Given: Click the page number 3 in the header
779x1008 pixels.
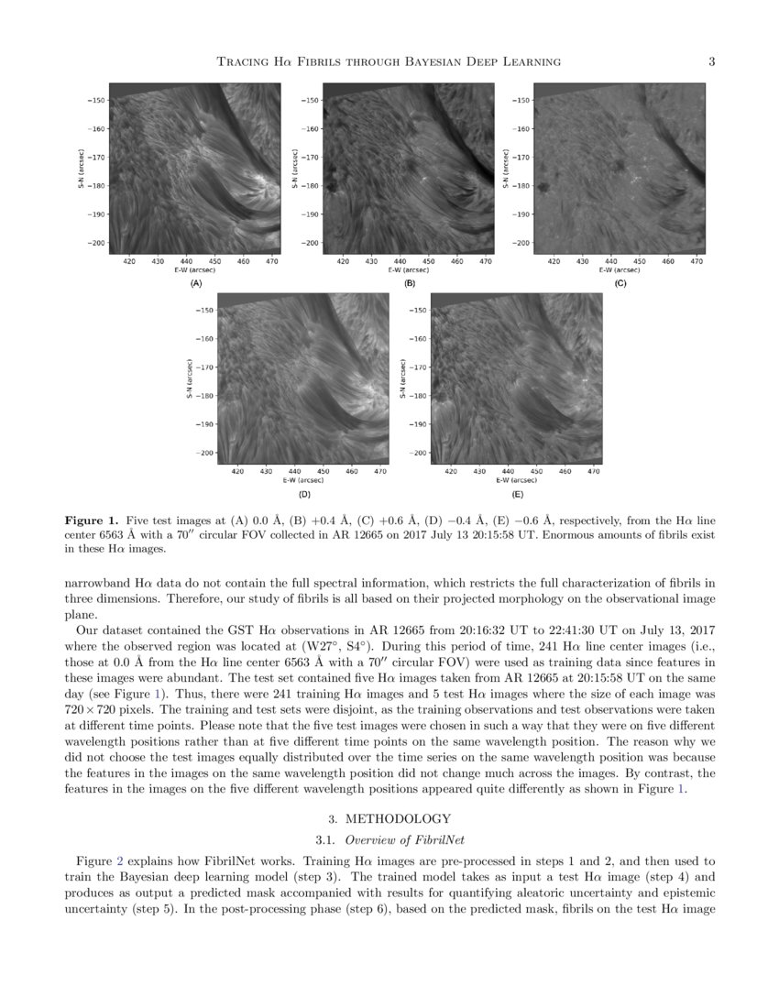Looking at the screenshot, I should coord(711,62).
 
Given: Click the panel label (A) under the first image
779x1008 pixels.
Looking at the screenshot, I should coord(195,284).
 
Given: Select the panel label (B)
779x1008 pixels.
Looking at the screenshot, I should coord(410,284).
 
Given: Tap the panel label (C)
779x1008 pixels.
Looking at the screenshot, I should coord(620,284).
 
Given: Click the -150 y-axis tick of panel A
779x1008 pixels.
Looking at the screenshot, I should coord(95,100).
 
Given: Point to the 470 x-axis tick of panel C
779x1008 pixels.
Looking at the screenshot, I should coord(697,261).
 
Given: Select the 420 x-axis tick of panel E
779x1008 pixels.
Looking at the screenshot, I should coord(451,471).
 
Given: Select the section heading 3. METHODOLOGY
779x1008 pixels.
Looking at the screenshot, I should coord(389,818).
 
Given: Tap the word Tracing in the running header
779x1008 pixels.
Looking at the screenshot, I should coord(241,62).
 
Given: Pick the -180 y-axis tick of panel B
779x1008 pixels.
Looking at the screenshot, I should coord(308,186).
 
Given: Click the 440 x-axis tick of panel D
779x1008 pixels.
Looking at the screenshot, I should coord(295,471).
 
